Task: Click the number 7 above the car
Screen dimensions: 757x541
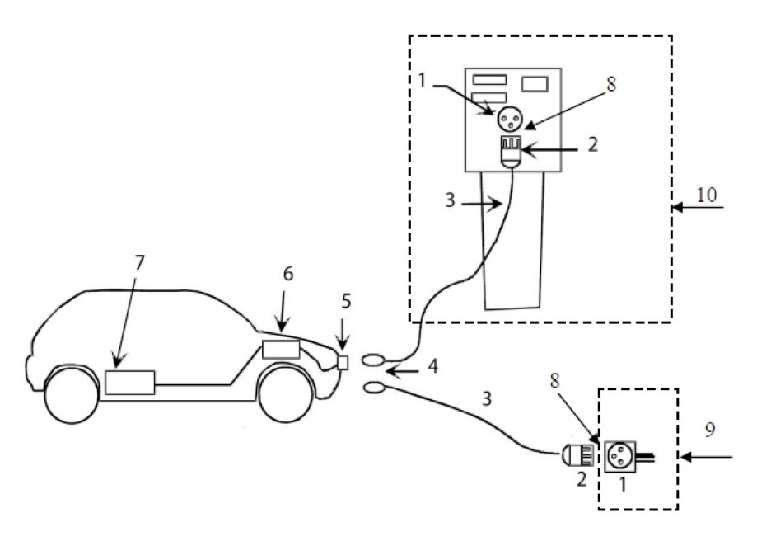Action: click(139, 262)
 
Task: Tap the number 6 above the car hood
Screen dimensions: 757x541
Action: click(288, 274)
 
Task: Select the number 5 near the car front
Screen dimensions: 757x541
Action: click(346, 301)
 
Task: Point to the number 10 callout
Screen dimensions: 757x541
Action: click(706, 195)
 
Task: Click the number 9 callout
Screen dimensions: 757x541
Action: click(710, 430)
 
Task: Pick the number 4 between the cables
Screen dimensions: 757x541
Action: click(433, 366)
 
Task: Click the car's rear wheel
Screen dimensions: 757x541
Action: click(72, 395)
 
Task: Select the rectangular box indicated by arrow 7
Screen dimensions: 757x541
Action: click(130, 383)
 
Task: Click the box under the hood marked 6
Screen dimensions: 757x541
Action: click(281, 350)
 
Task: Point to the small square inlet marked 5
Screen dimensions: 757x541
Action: click(343, 363)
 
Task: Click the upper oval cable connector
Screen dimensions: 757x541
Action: click(374, 360)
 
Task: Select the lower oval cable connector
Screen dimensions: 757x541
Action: click(374, 388)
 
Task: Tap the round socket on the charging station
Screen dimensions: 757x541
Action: click(510, 119)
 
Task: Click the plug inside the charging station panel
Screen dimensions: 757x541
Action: click(512, 152)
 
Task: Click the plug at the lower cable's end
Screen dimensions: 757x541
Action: click(577, 454)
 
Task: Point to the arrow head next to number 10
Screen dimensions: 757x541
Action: click(677, 207)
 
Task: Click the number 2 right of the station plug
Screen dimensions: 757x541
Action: click(593, 144)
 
